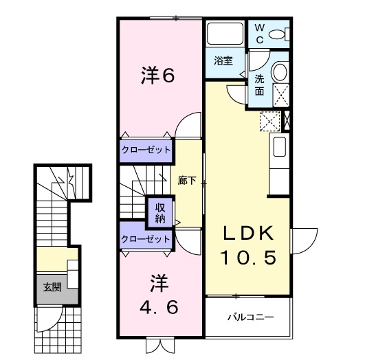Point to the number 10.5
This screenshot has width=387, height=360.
tap(248, 258)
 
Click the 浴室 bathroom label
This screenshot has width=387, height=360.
tap(222, 60)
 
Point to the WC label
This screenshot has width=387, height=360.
tap(260, 32)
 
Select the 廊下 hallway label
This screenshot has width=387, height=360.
tap(188, 181)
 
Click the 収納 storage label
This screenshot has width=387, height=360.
tap(159, 213)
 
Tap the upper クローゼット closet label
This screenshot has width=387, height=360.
tap(146, 149)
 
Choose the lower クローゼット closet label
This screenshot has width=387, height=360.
tap(146, 239)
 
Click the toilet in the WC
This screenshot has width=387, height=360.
tap(278, 34)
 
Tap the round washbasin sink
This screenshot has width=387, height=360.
tap(279, 71)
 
